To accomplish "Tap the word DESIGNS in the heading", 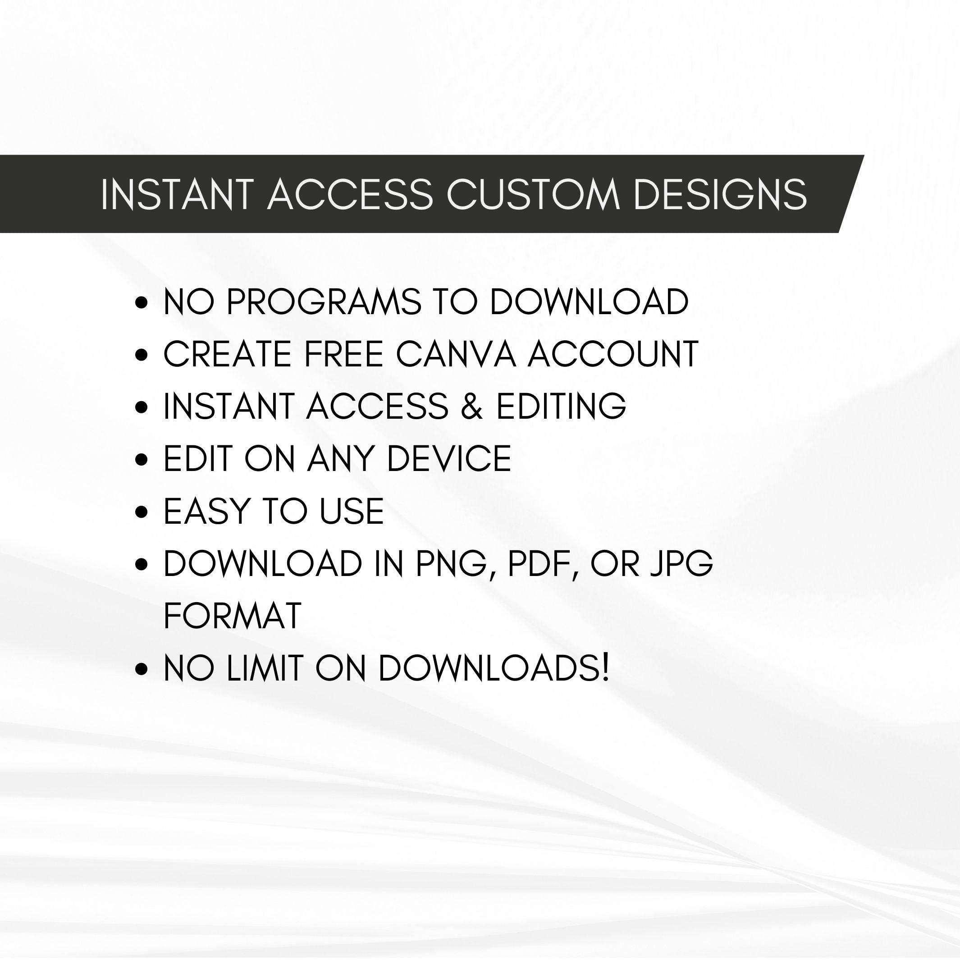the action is point(720,194).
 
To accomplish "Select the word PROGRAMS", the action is point(324,302).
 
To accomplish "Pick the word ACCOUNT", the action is point(613,354).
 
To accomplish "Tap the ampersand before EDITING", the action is point(471,406).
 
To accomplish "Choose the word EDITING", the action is point(561,406).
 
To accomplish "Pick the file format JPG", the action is point(682,563).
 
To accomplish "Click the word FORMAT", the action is point(233,616).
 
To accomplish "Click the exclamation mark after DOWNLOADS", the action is point(605,668).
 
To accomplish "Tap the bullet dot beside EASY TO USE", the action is point(142,512).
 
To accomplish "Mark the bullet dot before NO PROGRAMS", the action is point(142,302).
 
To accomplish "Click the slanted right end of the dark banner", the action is point(851,194).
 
